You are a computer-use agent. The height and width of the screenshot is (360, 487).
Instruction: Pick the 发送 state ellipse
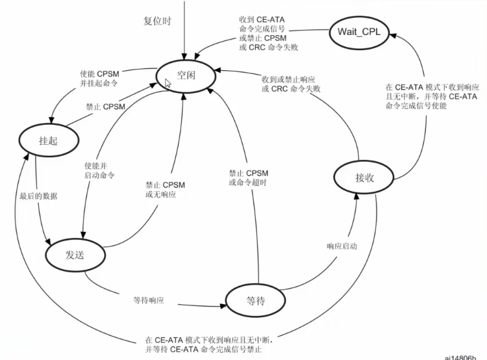[75, 253]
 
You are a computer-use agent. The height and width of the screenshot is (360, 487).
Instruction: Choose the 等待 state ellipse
[255, 301]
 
